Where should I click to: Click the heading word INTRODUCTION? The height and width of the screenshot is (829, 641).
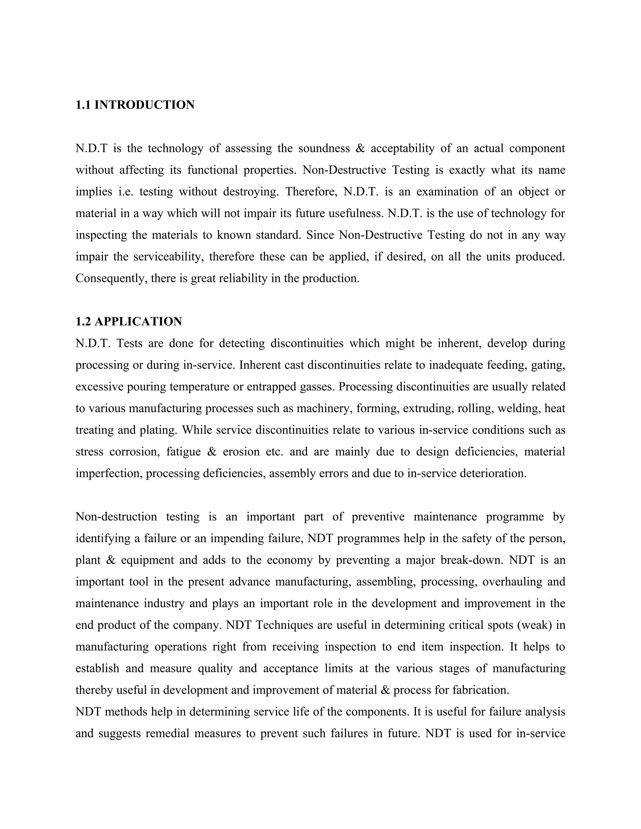(144, 105)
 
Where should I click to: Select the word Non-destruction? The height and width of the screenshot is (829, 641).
(116, 517)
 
